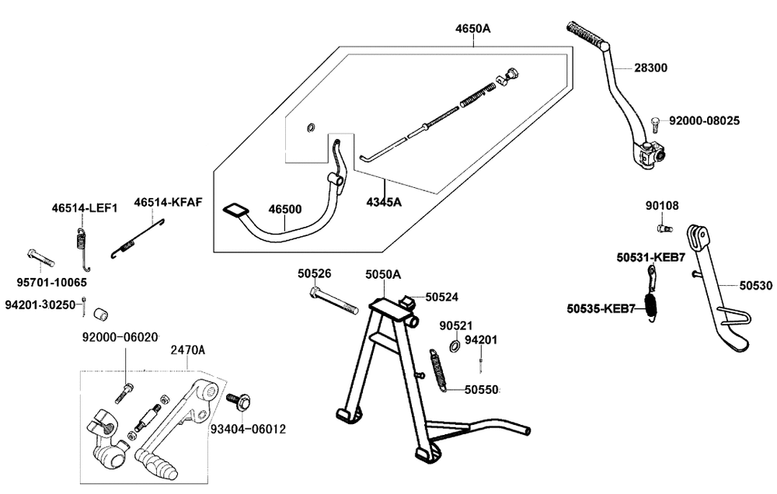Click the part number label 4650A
click(472, 28)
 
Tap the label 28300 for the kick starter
click(650, 68)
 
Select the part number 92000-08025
click(704, 120)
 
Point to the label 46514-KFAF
click(168, 202)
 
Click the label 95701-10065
click(51, 283)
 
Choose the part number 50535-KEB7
click(601, 308)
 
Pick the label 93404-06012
click(249, 429)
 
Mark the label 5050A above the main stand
click(383, 274)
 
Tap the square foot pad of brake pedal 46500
click(235, 210)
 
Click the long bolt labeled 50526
click(333, 301)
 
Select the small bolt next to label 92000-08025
click(654, 124)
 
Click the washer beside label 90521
click(454, 346)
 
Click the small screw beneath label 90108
click(664, 228)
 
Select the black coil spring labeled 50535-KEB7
click(650, 308)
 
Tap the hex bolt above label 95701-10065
click(40, 258)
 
